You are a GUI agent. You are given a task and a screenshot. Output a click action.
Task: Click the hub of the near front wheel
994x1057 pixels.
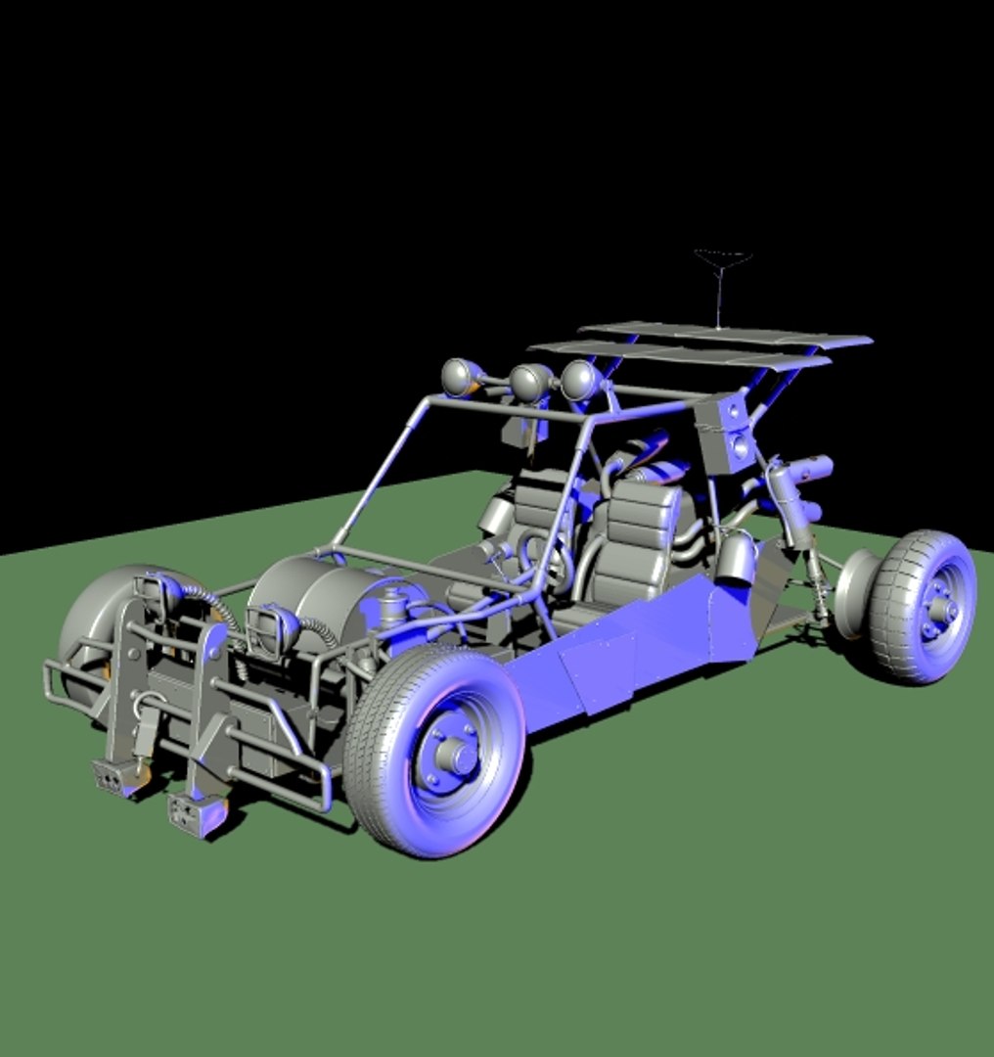tap(452, 755)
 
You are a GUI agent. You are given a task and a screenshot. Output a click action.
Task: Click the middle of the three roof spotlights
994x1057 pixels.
tap(529, 382)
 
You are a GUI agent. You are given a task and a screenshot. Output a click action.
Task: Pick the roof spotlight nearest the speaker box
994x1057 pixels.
tap(579, 380)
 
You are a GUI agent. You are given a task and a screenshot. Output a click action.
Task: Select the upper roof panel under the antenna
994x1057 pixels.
tap(724, 336)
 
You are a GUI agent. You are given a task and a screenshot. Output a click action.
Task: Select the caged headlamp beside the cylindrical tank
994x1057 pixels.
tap(270, 626)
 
